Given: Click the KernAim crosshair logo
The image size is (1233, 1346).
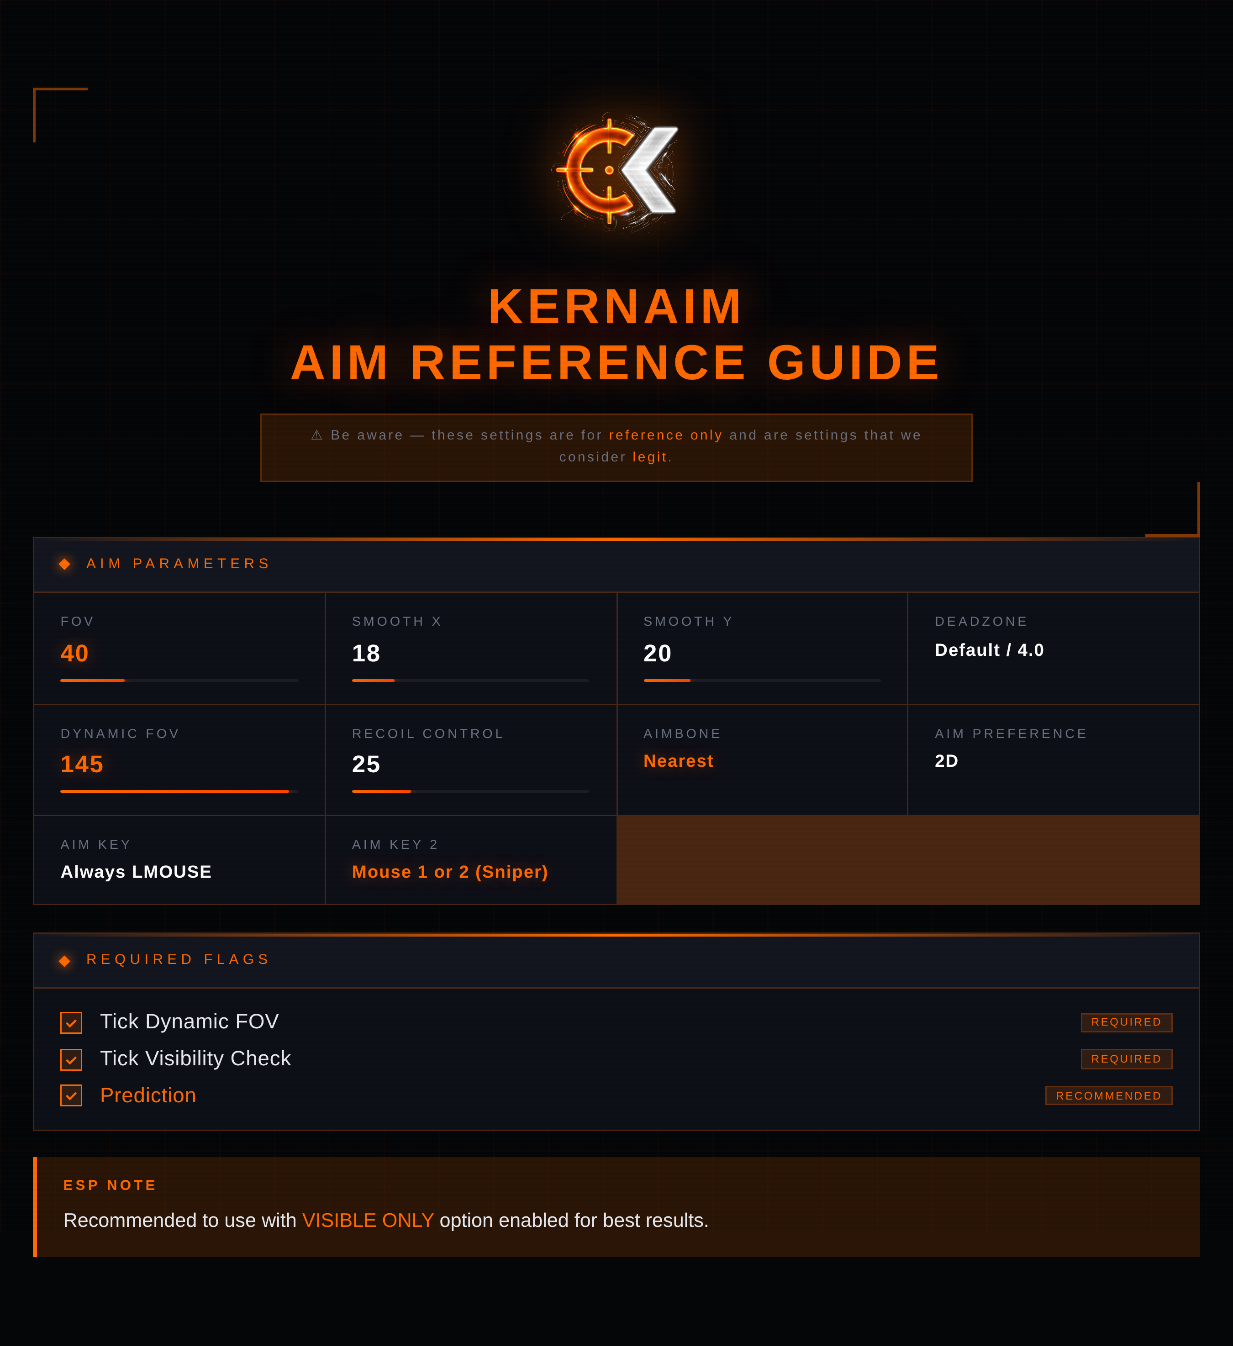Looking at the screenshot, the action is (616, 171).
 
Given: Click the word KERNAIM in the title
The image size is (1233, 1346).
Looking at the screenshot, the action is (616, 307).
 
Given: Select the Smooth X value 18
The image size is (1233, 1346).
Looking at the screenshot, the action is (366, 653).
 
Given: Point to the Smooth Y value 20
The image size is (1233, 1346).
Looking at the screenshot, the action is (657, 653).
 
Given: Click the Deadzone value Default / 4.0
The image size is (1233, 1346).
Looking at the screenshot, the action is (989, 650).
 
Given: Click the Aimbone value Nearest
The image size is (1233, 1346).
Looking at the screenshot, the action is (678, 761).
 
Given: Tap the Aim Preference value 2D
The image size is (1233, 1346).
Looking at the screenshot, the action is (947, 761).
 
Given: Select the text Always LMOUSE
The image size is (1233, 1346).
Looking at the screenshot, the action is (136, 872).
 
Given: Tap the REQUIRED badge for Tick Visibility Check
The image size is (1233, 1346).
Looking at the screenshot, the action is (1127, 1059).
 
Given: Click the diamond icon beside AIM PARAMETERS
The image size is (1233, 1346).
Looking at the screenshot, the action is (65, 564).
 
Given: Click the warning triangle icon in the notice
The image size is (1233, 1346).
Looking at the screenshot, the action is (316, 435).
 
